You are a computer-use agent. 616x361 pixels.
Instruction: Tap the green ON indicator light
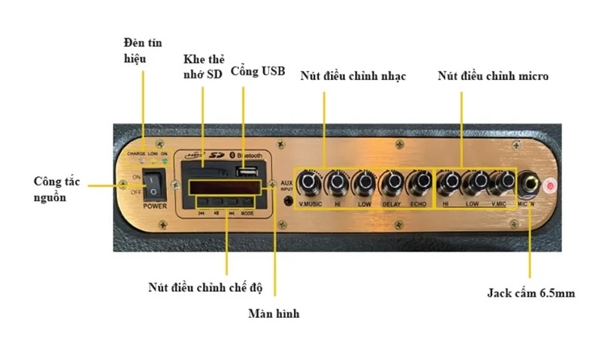pyautogui.click(x=165, y=161)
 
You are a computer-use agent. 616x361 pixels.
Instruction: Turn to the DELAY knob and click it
pyautogui.click(x=392, y=183)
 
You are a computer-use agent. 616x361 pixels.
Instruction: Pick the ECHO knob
pyautogui.click(x=419, y=183)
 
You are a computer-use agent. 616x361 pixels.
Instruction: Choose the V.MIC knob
pyautogui.click(x=501, y=183)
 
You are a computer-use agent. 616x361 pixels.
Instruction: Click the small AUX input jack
pyautogui.click(x=290, y=202)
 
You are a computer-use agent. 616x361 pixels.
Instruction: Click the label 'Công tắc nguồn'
pyautogui.click(x=58, y=190)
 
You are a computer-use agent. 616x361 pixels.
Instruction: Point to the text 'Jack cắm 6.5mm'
pyautogui.click(x=531, y=293)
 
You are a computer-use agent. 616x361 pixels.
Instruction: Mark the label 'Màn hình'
pyautogui.click(x=273, y=314)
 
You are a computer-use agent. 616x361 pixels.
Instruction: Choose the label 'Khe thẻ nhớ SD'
pyautogui.click(x=203, y=66)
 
